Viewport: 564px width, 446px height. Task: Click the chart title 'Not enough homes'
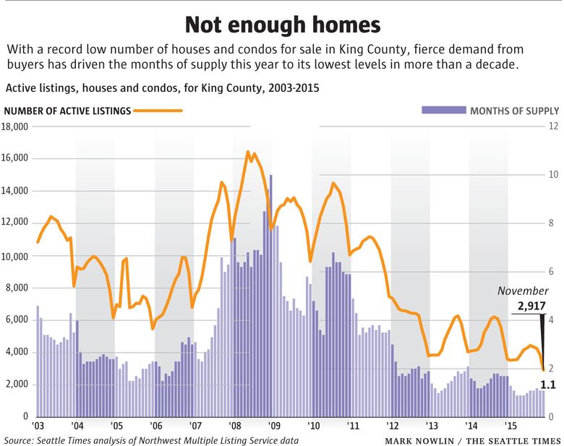click(x=282, y=24)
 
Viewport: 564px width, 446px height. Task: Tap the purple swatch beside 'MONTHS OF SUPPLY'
click(x=443, y=111)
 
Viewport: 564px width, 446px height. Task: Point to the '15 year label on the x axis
click(x=510, y=426)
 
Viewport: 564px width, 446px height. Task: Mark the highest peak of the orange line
click(x=248, y=153)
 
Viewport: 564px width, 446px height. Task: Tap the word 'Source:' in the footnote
click(x=21, y=440)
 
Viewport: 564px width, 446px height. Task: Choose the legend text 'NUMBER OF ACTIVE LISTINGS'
click(x=67, y=111)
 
